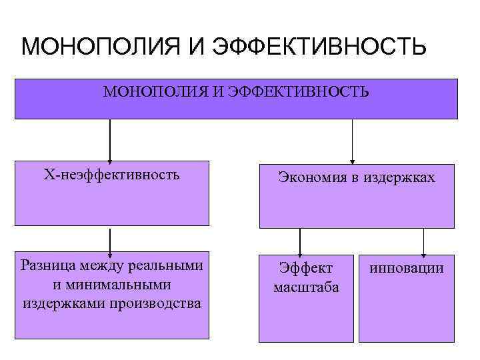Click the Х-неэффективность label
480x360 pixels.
click(x=111, y=175)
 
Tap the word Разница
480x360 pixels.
click(x=48, y=265)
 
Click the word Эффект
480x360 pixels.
click(x=305, y=268)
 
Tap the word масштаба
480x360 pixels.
click(x=306, y=287)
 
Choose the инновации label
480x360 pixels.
click(x=405, y=268)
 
